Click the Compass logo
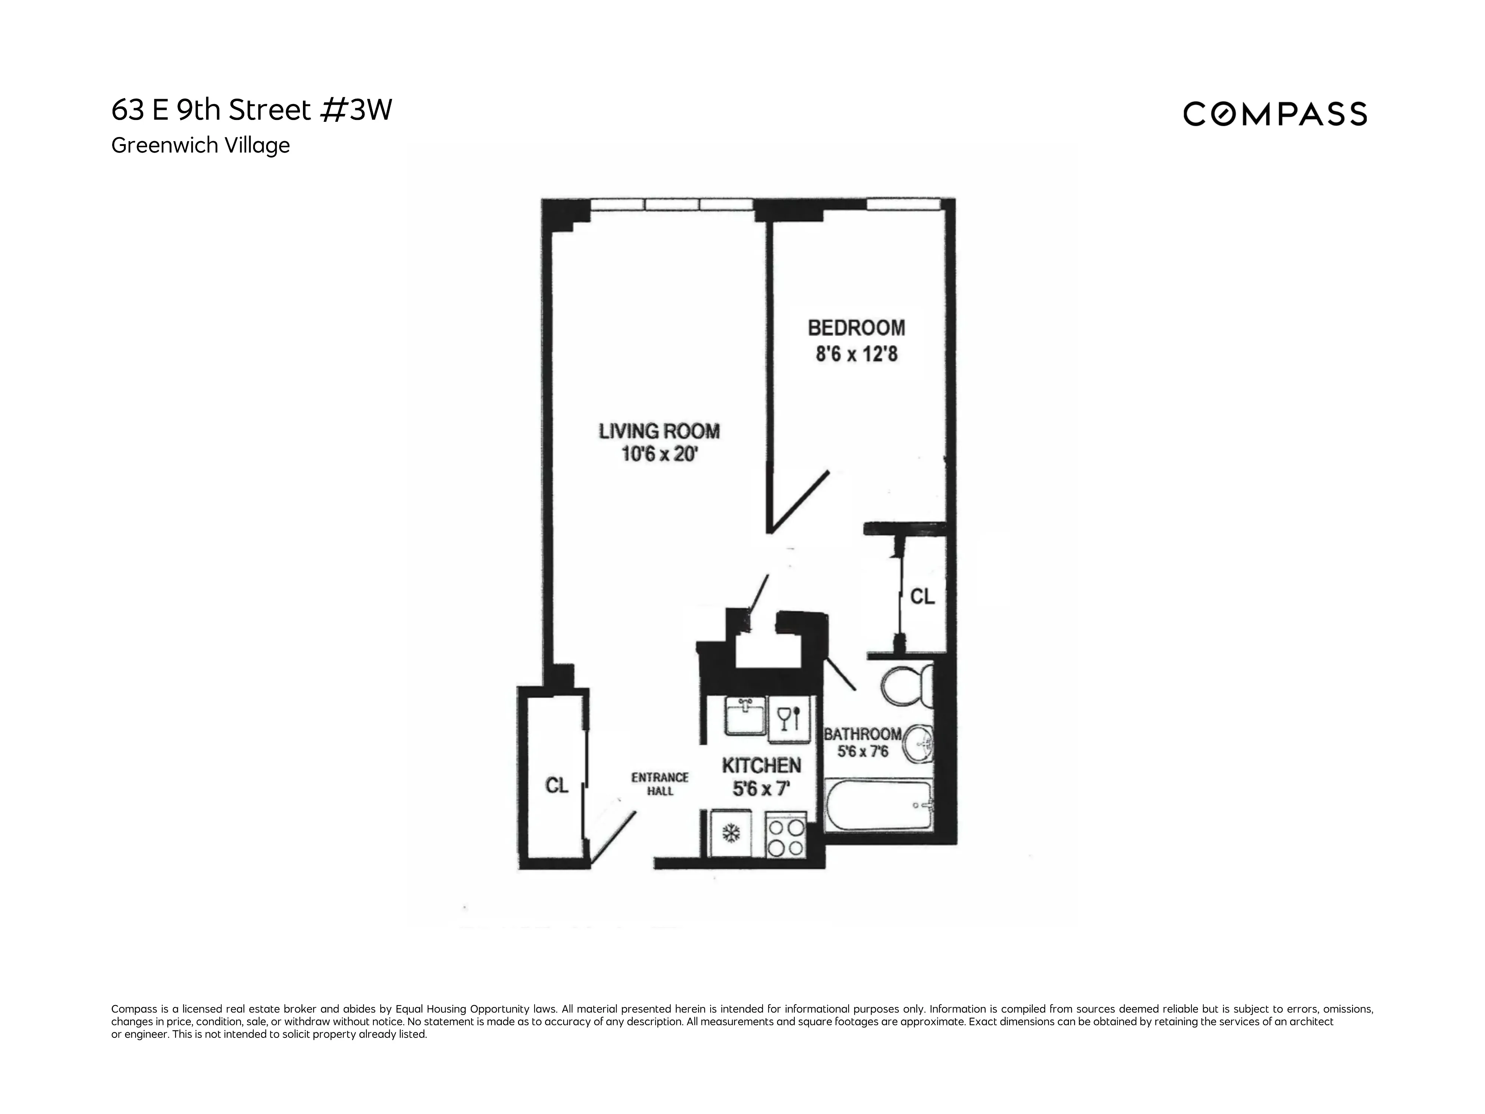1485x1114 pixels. tap(1274, 114)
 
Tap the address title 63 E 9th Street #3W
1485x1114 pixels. tap(252, 110)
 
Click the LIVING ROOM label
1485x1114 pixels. tap(659, 431)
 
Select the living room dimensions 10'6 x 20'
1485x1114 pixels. tap(659, 455)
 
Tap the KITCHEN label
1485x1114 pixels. tap(761, 765)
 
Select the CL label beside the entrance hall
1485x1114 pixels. tap(557, 785)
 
